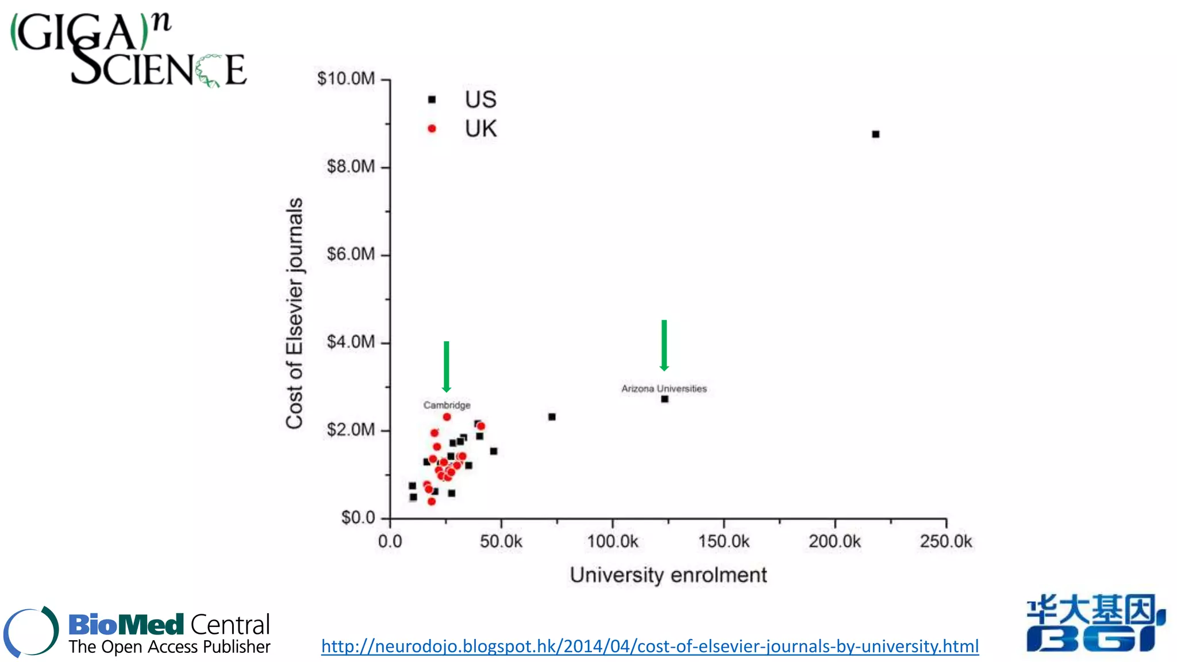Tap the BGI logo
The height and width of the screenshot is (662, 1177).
click(x=1095, y=623)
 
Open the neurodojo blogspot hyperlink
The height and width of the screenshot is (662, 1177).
click(x=649, y=646)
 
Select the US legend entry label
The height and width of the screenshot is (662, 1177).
click(x=480, y=99)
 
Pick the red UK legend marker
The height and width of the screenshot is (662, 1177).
click(x=432, y=129)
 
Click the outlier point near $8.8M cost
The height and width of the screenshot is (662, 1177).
click(x=875, y=134)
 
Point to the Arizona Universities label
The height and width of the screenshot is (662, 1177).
click(x=664, y=389)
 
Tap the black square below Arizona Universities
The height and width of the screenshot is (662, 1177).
click(x=664, y=399)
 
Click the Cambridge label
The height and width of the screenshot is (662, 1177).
click(x=447, y=405)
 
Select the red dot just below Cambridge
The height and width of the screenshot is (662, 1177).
click(x=447, y=417)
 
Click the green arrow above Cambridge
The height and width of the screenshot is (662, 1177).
click(x=446, y=366)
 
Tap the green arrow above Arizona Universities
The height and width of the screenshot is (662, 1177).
click(x=664, y=345)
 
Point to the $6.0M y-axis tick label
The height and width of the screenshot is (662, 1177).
click(x=351, y=254)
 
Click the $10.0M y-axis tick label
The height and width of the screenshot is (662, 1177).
click(x=346, y=79)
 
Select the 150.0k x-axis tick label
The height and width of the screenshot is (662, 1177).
click(x=724, y=541)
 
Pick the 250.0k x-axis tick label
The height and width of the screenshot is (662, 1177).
click(x=945, y=541)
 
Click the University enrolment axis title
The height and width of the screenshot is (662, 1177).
click(x=668, y=575)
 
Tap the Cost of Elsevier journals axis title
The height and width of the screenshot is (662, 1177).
click(x=294, y=313)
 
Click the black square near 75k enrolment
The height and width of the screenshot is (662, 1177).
click(x=552, y=417)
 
